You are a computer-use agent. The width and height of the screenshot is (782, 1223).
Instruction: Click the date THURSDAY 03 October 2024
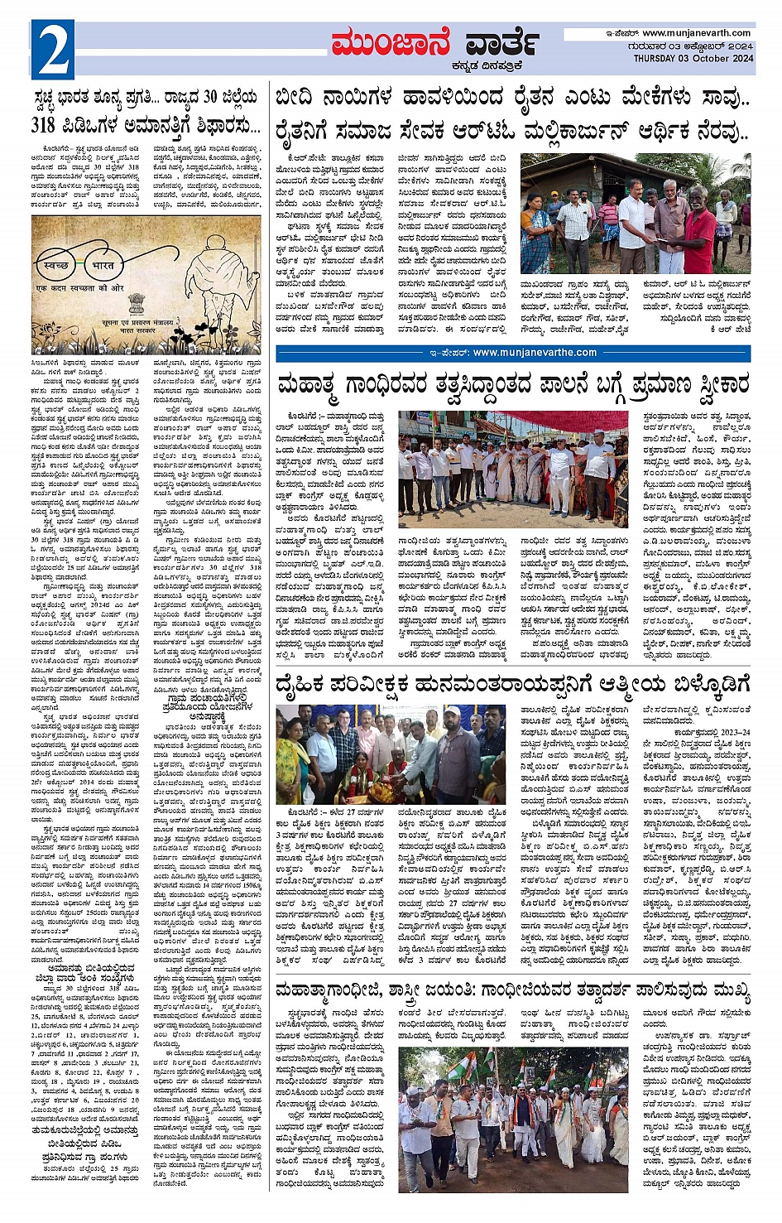pos(693,59)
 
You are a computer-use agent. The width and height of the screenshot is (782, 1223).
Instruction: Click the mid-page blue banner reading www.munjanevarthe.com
pos(513,353)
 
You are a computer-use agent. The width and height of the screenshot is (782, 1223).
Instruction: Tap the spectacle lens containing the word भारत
pos(103,267)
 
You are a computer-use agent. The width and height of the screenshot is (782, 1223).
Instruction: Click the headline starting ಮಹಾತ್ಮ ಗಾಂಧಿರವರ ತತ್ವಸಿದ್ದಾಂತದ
pos(513,384)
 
